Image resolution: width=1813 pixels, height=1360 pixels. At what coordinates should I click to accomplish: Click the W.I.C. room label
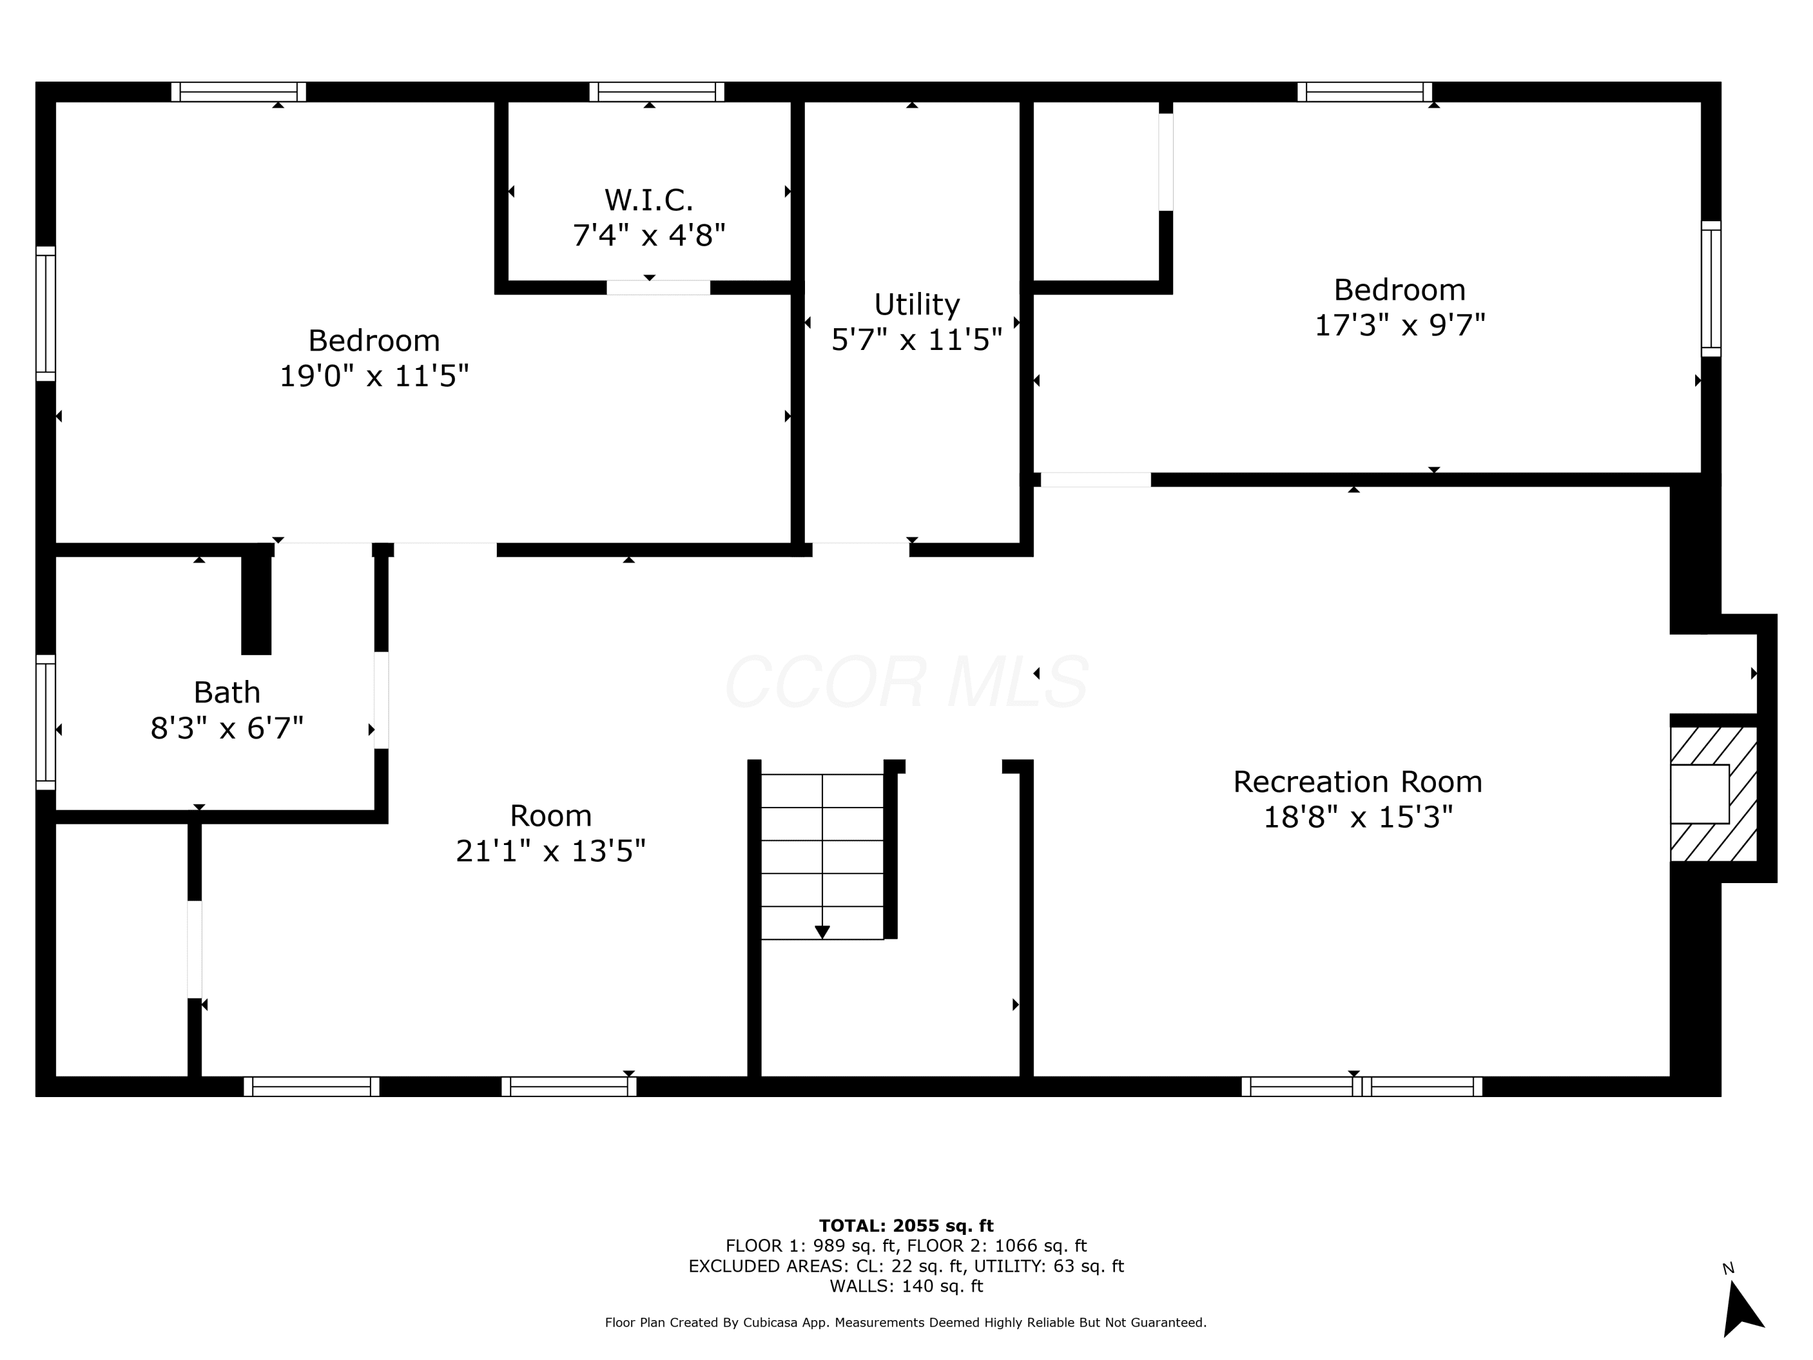(x=648, y=199)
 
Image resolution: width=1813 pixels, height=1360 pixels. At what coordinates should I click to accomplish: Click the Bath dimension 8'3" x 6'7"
(x=227, y=727)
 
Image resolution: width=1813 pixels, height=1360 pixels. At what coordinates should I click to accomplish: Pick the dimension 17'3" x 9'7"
(x=1400, y=325)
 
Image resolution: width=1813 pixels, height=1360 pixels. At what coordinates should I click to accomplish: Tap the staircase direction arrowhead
(x=822, y=932)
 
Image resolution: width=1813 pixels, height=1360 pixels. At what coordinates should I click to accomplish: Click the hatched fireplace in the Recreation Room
(x=1713, y=794)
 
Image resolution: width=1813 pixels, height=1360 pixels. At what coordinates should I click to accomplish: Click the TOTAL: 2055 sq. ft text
(x=906, y=1226)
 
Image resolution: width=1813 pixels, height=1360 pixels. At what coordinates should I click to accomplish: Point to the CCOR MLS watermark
(x=906, y=681)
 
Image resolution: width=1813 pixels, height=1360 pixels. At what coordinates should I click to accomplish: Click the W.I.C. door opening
(x=658, y=287)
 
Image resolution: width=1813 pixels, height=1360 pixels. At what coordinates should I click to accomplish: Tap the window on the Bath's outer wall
(x=46, y=722)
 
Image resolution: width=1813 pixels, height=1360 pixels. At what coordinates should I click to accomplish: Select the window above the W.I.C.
(x=656, y=92)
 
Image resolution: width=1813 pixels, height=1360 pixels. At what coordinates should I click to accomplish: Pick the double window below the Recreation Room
(x=1362, y=1086)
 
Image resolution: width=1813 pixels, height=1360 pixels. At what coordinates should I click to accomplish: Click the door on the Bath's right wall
(x=381, y=700)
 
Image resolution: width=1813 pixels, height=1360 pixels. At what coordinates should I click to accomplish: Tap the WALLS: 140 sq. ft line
(x=906, y=1286)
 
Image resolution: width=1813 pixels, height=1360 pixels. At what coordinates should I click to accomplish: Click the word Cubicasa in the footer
(x=771, y=1323)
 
